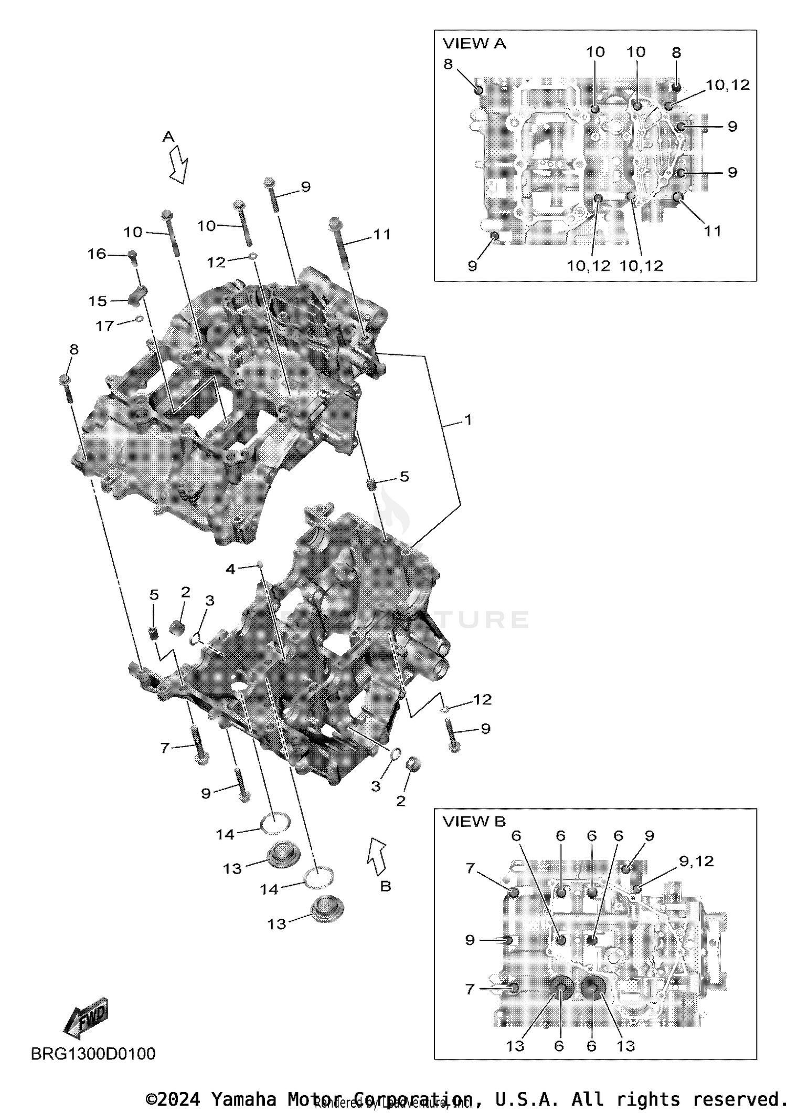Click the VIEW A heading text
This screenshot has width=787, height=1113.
click(x=474, y=44)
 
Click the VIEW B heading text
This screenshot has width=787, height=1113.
click(x=474, y=821)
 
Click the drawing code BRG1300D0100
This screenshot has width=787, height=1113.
click(x=93, y=1054)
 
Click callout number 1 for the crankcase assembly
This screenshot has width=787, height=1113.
click(x=468, y=420)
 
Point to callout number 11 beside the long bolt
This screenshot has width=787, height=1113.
click(x=382, y=234)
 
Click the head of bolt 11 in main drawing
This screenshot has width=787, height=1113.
click(x=335, y=225)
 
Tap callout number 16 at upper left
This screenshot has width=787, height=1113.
click(x=97, y=254)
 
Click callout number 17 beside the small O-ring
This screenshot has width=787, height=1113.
click(x=104, y=326)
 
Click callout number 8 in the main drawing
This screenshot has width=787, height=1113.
click(x=73, y=350)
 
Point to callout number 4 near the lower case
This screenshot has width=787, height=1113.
click(x=230, y=569)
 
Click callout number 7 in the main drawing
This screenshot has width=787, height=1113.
click(x=165, y=748)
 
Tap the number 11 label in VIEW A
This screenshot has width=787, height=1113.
click(x=712, y=230)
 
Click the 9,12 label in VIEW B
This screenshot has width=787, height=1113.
click(x=696, y=861)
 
